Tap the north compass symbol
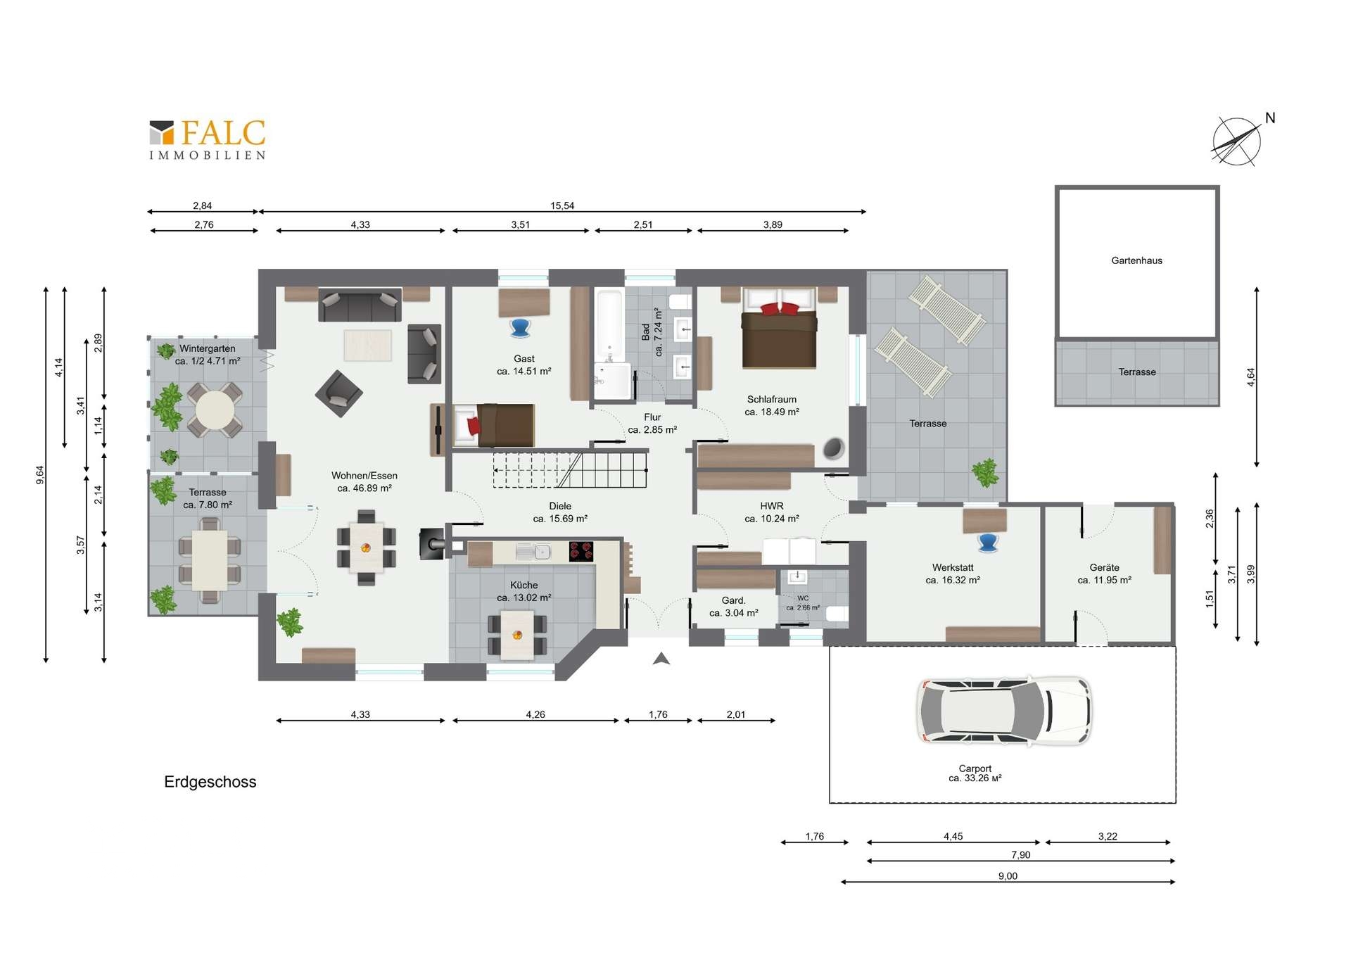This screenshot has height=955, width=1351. coord(1238,141)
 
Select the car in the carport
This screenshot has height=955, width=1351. coord(1004,711)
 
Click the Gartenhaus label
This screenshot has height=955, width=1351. coord(1136,260)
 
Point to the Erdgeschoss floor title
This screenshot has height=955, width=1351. coord(210,782)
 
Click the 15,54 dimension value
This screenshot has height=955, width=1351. coord(562,205)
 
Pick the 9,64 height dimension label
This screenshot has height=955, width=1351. coord(40,475)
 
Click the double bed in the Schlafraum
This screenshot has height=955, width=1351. coord(779,328)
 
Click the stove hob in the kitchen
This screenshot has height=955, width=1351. coord(581,551)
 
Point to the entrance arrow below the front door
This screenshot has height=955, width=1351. coord(661,659)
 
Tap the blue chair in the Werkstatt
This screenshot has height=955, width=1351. coord(988,542)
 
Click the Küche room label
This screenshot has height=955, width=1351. coord(524,585)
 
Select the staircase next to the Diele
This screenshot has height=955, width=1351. coord(570,470)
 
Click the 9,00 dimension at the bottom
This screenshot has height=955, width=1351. coord(1008,876)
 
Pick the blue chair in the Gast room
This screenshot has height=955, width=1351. coord(520,328)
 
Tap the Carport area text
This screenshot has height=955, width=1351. coord(975,773)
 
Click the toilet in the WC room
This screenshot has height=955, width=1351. coord(836,614)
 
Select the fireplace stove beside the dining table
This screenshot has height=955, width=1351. coord(431,543)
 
